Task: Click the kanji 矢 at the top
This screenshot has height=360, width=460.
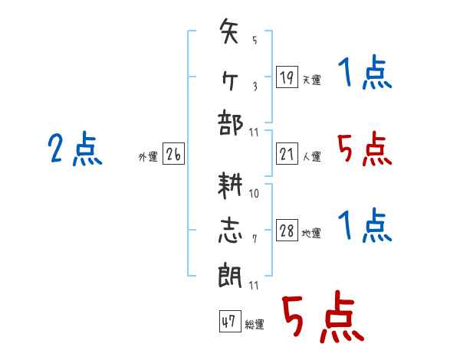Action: (x=228, y=31)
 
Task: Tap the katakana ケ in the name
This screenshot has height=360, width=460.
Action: (x=229, y=80)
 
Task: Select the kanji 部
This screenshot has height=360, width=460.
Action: (x=230, y=123)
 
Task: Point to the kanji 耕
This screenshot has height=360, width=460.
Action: (x=230, y=185)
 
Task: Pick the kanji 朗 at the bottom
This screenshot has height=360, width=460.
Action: (x=230, y=275)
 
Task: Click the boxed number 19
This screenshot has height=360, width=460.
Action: (x=287, y=77)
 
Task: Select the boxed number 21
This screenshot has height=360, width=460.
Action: (x=287, y=153)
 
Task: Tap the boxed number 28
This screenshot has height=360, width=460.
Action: (x=287, y=230)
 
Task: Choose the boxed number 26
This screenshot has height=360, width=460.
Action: (x=173, y=153)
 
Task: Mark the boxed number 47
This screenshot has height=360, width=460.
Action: (x=230, y=321)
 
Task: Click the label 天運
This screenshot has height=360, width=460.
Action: (x=312, y=80)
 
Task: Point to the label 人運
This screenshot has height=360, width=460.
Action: (x=312, y=156)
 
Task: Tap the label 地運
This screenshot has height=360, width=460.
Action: (x=311, y=234)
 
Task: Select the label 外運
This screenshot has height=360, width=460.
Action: (x=148, y=157)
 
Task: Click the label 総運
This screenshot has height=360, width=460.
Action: (x=255, y=325)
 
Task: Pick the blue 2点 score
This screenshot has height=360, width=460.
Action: (x=75, y=149)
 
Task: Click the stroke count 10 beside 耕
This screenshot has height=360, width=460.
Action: (x=254, y=194)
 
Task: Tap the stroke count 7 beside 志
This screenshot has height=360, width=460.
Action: (x=255, y=239)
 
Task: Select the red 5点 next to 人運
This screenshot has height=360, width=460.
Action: (x=365, y=149)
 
